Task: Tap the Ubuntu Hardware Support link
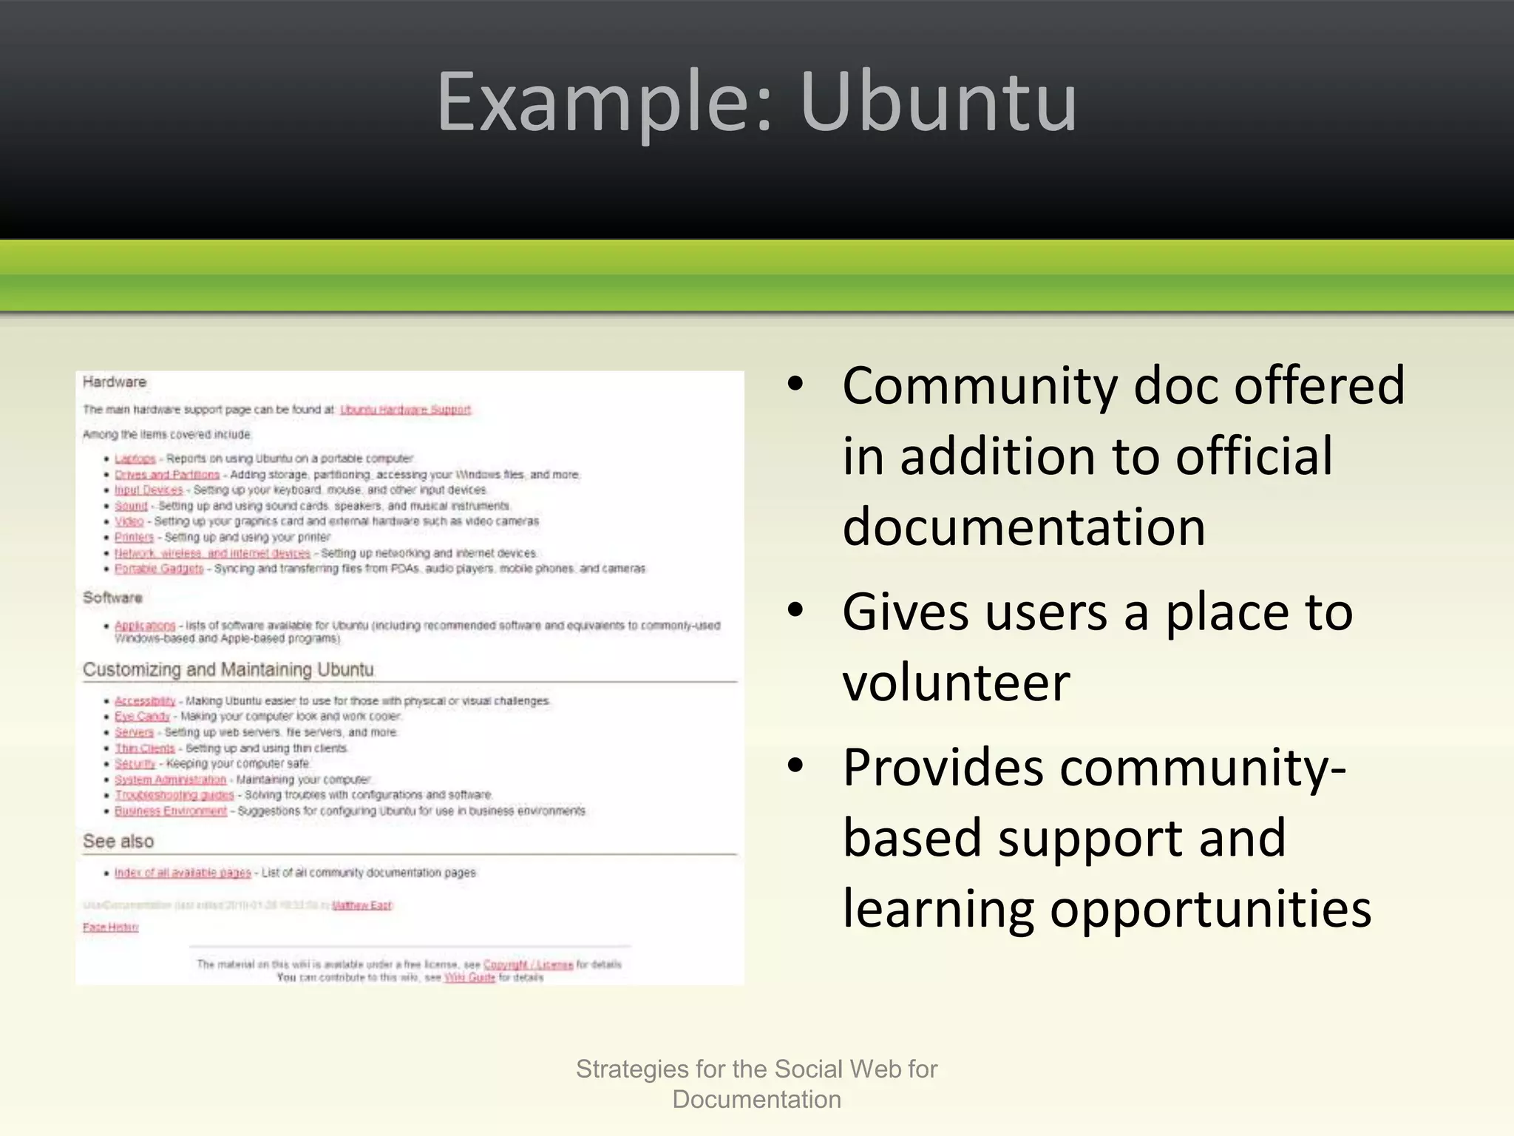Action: [x=405, y=410]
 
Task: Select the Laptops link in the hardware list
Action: [x=135, y=459]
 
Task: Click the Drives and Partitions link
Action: [x=167, y=475]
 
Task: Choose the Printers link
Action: [x=134, y=538]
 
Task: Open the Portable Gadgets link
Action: [x=159, y=569]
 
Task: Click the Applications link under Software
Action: [x=145, y=626]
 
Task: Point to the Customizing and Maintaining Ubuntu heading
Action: [x=228, y=670]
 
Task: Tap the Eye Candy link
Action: [x=142, y=717]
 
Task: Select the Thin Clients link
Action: [x=145, y=748]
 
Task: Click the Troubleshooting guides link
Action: [x=174, y=795]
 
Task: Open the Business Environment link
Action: [x=171, y=811]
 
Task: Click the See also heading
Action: [x=118, y=842]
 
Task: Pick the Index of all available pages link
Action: [x=183, y=873]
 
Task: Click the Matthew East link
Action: [x=362, y=906]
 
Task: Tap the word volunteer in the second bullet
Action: [x=956, y=682]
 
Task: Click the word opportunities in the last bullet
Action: [x=1211, y=908]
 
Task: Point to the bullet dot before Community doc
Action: [x=795, y=385]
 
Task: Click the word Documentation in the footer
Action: [x=757, y=1100]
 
